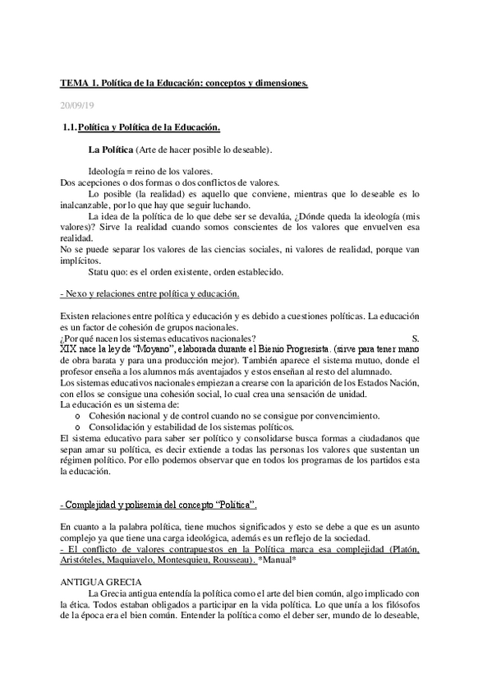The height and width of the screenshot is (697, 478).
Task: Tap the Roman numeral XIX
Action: pos(69,348)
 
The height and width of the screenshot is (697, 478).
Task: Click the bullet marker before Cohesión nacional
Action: pos(77,417)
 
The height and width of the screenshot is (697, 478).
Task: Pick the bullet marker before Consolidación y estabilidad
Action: pos(77,427)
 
